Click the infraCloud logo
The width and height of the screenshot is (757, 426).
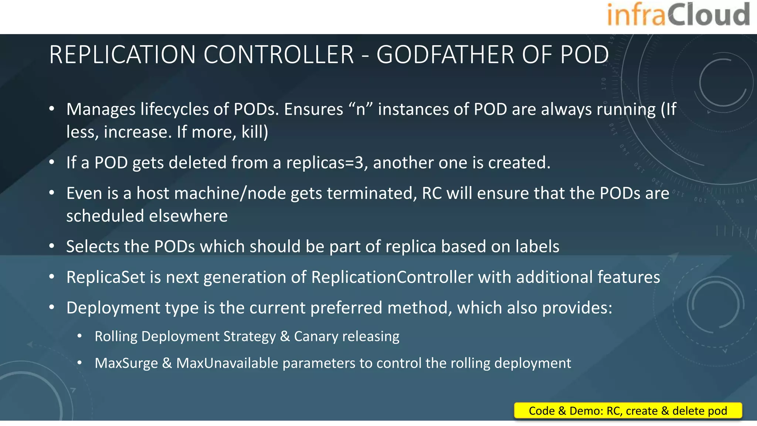tap(678, 15)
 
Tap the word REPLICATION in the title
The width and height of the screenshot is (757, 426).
tap(122, 55)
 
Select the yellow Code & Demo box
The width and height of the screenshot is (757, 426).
tap(628, 411)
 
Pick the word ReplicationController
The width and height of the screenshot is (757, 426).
tap(392, 277)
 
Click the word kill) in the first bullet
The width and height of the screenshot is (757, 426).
tap(255, 132)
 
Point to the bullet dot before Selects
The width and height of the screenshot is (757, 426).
tap(52, 246)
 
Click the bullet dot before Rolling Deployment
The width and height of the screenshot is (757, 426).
tap(80, 337)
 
